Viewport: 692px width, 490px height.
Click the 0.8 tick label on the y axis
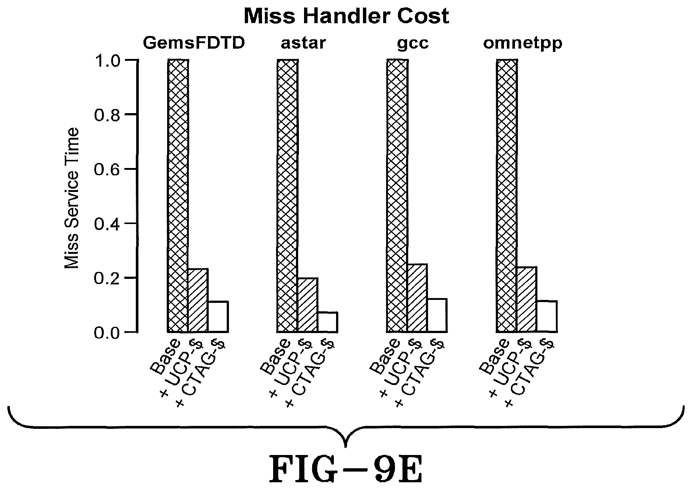pos(107,115)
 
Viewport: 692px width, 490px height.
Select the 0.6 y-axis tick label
pos(107,169)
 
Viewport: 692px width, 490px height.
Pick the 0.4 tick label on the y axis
pos(107,223)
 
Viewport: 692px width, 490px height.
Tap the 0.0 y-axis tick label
pos(107,332)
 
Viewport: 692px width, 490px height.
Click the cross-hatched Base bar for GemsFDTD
pos(178,195)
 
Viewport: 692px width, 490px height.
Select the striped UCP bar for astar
pos(308,305)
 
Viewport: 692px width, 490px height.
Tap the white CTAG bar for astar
pos(328,322)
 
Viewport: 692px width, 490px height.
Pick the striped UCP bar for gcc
pos(417,298)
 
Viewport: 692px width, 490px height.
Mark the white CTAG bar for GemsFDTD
pos(218,316)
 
